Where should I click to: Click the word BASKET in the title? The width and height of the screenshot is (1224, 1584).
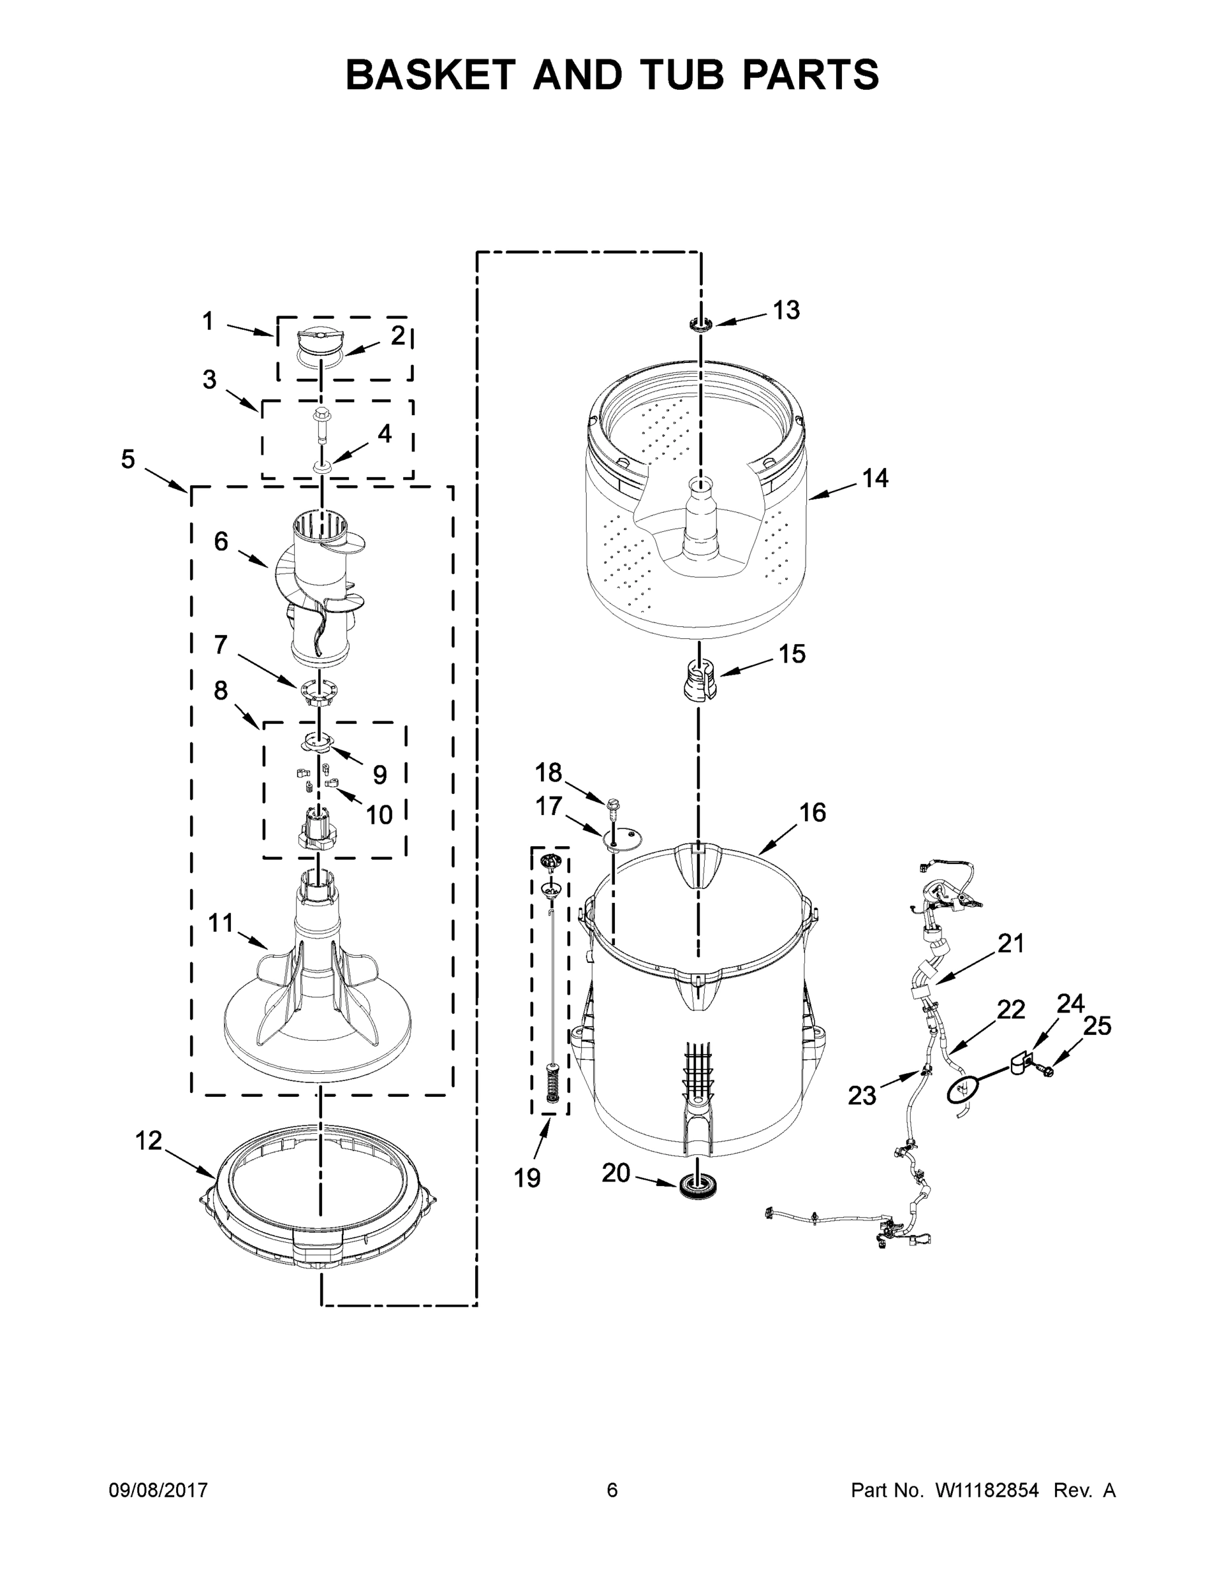430,75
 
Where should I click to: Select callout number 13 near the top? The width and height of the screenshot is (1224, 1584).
785,310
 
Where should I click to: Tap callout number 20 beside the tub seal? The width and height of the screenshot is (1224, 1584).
616,1172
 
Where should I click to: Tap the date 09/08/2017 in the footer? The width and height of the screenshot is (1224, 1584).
158,1490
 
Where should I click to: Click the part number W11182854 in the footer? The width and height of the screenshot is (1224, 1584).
987,1490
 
